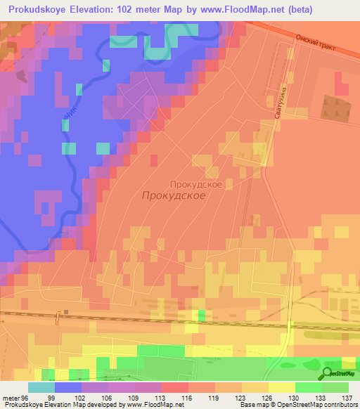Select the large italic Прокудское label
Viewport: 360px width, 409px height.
coord(174,197)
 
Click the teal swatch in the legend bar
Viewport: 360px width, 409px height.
coord(41,387)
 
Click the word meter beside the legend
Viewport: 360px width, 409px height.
coord(10,397)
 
